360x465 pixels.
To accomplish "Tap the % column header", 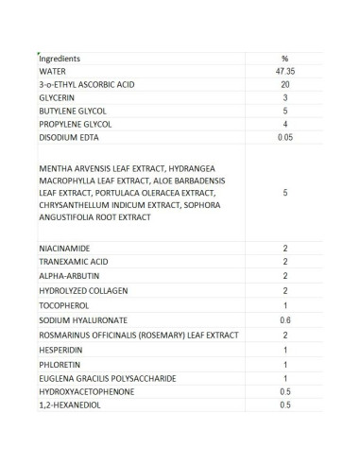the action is [x=284, y=58].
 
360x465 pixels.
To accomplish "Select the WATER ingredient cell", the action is [x=53, y=71].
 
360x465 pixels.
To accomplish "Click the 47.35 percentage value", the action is [x=284, y=71].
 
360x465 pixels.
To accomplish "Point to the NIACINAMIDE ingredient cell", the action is [x=62, y=248].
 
